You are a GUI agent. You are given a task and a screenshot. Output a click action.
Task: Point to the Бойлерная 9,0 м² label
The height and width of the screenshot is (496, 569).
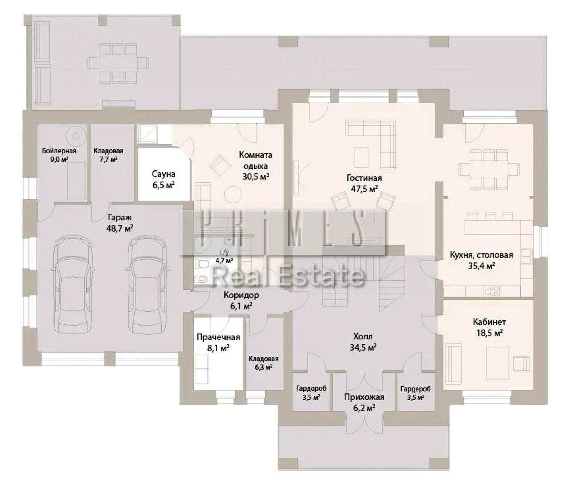pos(59,155)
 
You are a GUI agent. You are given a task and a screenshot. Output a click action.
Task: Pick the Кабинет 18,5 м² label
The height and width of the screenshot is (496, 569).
pos(490,327)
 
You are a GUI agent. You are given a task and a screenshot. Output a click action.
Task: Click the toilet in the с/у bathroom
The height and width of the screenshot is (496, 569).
pos(202,263)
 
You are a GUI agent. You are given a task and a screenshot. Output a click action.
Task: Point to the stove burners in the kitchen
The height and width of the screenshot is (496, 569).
pos(492,291)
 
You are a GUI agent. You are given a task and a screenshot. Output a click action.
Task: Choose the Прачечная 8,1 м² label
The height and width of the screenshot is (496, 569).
pos(218,343)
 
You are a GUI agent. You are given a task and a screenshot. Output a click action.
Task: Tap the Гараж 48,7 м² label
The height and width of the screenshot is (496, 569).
pos(119,222)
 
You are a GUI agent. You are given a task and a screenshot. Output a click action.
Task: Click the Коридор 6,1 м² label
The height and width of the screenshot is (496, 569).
pos(241,300)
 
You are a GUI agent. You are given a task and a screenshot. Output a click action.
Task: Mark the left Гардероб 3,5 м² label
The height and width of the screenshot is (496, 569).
pos(311,393)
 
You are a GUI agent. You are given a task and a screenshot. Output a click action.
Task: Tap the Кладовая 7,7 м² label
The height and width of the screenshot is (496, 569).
pos(108,155)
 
